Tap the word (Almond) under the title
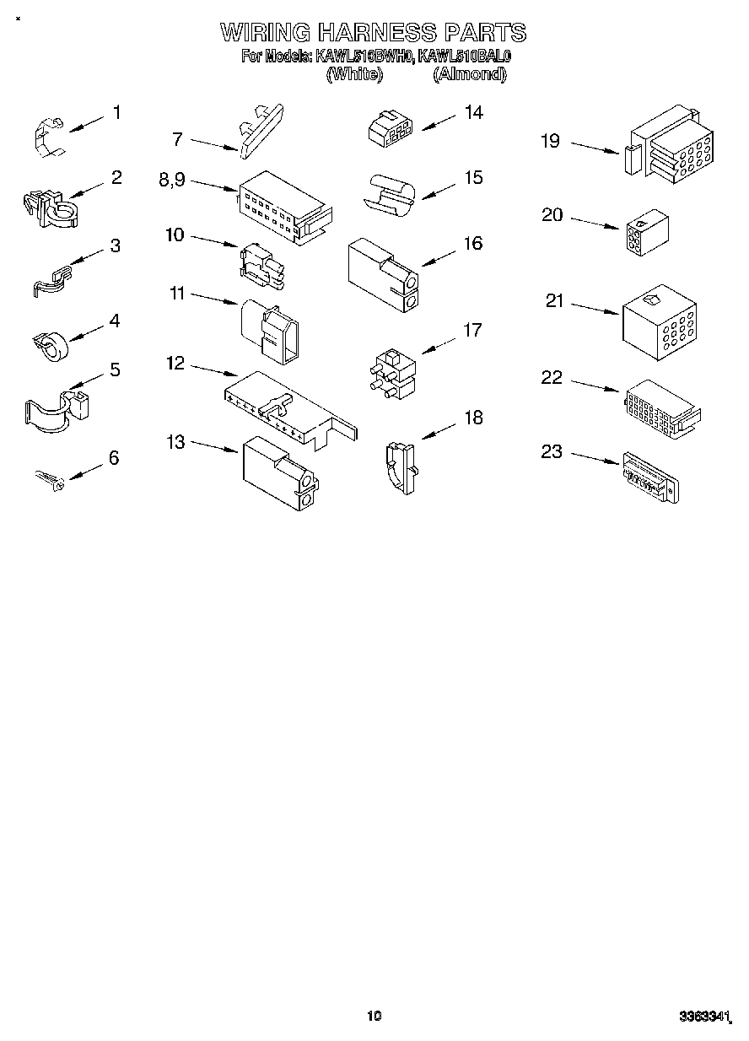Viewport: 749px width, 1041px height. point(470,74)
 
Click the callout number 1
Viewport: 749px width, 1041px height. point(116,112)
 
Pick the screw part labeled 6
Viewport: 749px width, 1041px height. point(49,481)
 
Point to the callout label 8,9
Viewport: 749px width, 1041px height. point(172,179)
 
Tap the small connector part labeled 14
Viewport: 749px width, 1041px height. point(390,128)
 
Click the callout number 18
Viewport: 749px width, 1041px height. point(474,417)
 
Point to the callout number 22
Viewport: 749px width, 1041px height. point(551,377)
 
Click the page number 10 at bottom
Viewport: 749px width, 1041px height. point(374,1016)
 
